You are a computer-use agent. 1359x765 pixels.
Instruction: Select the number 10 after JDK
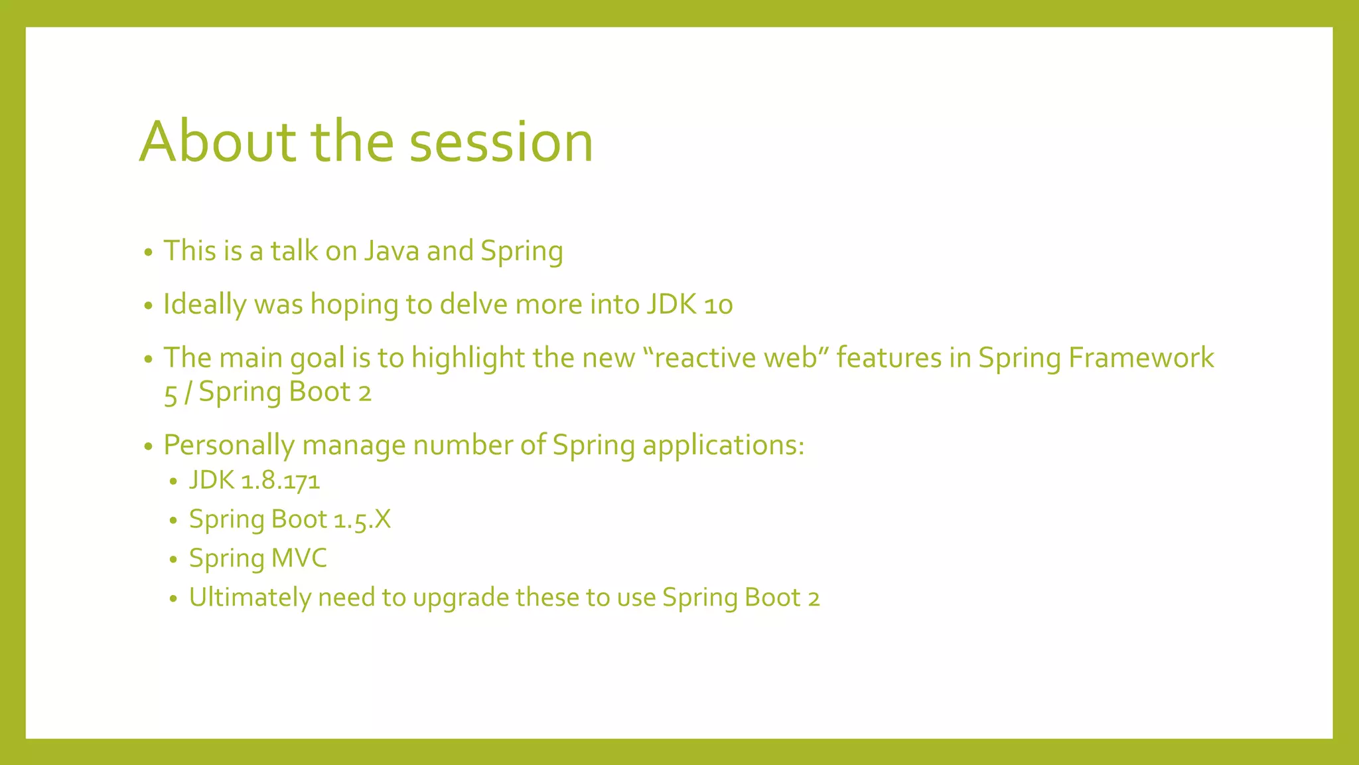pos(718,305)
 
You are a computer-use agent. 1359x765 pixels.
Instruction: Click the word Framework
pos(1141,358)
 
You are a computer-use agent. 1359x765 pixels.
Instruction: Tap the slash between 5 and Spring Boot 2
pos(188,392)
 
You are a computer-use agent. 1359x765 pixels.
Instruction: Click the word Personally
pos(228,445)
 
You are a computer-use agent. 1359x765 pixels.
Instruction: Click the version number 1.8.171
pos(280,481)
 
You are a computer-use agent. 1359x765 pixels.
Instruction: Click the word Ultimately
pos(250,598)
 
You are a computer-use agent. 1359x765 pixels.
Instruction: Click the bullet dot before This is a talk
pos(149,252)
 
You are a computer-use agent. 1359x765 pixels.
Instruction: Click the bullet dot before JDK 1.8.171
pos(173,482)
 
